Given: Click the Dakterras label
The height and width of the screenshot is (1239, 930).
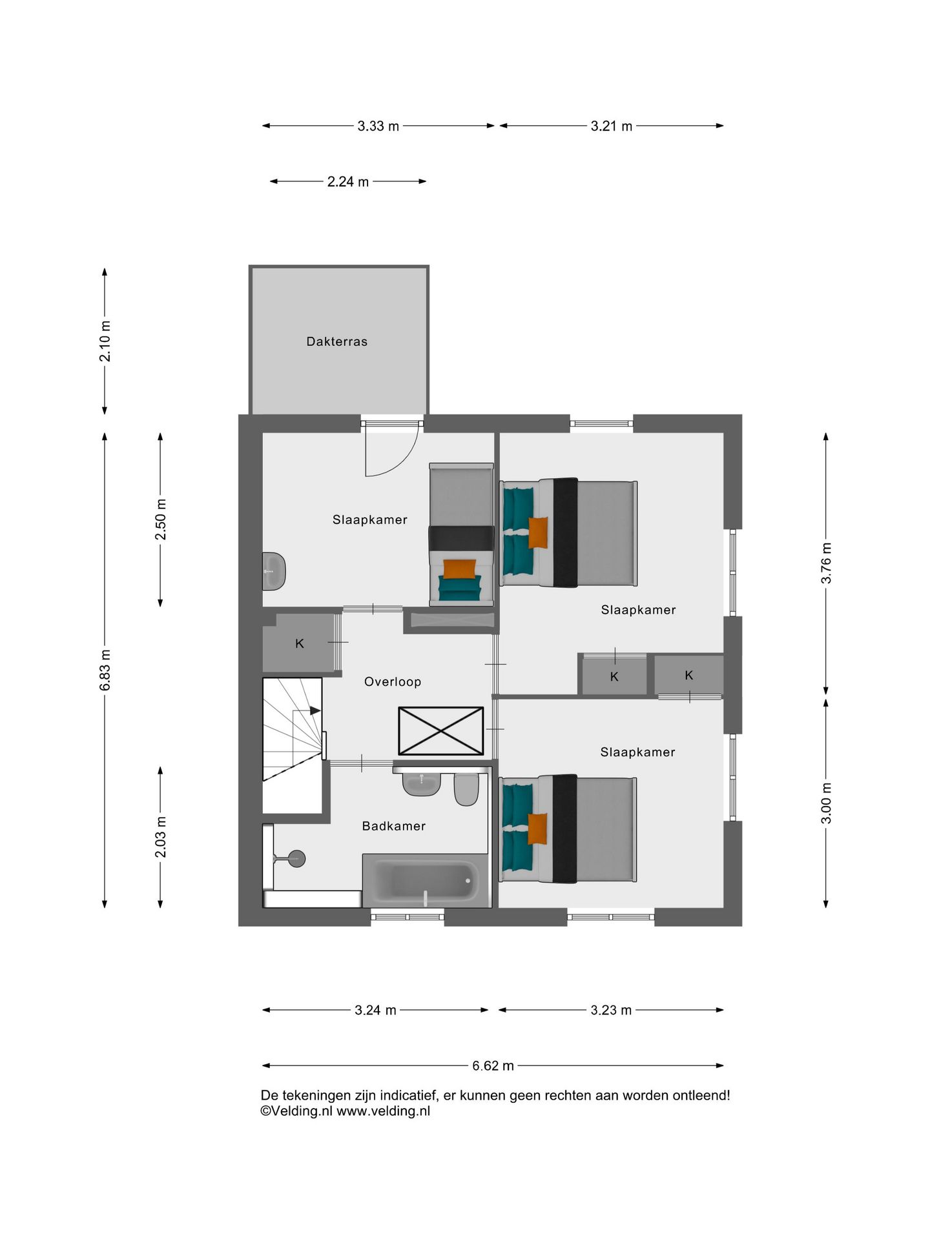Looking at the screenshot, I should pyautogui.click(x=336, y=341).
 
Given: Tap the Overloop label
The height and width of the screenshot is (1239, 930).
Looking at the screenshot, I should pyautogui.click(x=392, y=681).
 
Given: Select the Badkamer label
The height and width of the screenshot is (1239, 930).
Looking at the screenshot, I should pyautogui.click(x=393, y=826).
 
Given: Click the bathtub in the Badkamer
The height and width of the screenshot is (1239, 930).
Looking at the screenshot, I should pyautogui.click(x=426, y=881).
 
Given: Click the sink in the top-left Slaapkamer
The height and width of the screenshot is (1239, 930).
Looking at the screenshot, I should pyautogui.click(x=274, y=570).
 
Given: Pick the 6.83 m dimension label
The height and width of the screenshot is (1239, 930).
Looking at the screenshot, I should pyautogui.click(x=105, y=670).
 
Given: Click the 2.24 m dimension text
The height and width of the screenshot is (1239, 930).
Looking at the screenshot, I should pyautogui.click(x=347, y=182).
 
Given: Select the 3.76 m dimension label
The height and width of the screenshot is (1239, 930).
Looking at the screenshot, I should pyautogui.click(x=826, y=563).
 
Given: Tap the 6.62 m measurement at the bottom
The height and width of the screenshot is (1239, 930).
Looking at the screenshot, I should pyautogui.click(x=493, y=1065).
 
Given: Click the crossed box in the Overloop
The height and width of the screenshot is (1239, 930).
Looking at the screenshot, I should pyautogui.click(x=440, y=730).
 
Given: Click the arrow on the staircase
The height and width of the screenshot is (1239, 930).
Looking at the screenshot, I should pyautogui.click(x=315, y=710).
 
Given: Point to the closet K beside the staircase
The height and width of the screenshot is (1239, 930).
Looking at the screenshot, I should pyautogui.click(x=299, y=643).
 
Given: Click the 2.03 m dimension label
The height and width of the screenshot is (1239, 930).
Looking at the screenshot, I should pyautogui.click(x=161, y=837).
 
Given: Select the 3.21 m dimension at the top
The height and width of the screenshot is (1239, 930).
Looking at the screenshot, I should pyautogui.click(x=611, y=126).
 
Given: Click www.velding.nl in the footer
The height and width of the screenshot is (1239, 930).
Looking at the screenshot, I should pyautogui.click(x=383, y=1111).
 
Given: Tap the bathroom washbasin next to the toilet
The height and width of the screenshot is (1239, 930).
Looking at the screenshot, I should pyautogui.click(x=421, y=783).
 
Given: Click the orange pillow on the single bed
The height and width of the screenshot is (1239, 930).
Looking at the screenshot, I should pyautogui.click(x=459, y=569).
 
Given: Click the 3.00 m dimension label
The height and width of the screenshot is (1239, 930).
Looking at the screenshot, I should pyautogui.click(x=826, y=803).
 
